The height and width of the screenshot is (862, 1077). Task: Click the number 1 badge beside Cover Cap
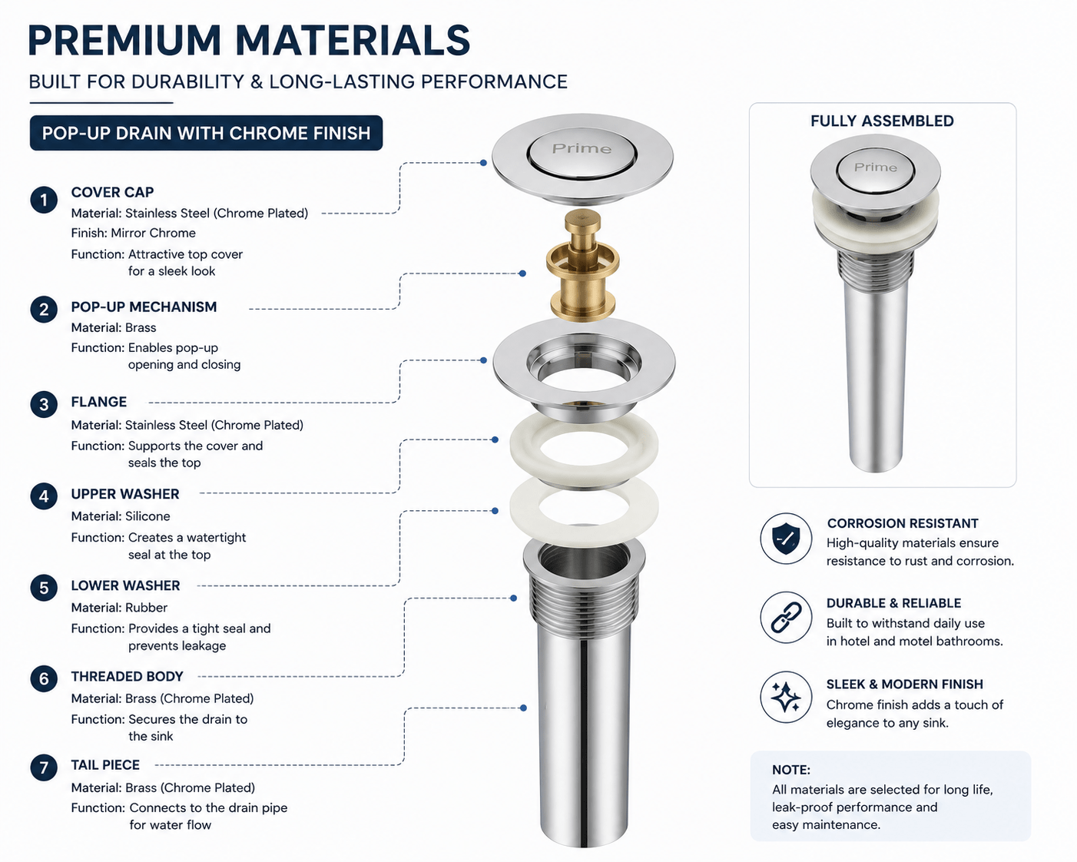click(44, 201)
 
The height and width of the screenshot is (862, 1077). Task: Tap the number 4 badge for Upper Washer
click(44, 496)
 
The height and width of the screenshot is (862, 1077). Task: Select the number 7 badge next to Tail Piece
click(44, 768)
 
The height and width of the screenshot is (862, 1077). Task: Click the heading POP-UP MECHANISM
click(144, 307)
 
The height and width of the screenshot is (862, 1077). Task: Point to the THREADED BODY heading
click(127, 676)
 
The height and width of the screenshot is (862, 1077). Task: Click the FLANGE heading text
click(98, 402)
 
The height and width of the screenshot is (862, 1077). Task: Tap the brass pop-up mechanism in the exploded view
click(582, 265)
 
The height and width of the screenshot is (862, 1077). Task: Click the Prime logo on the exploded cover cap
click(582, 148)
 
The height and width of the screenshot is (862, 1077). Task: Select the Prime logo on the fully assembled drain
click(875, 167)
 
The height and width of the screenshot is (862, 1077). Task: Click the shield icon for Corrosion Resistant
click(786, 539)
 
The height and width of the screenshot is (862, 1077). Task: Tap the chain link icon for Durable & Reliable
click(786, 618)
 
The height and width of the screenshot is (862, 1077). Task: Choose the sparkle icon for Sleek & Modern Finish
click(786, 697)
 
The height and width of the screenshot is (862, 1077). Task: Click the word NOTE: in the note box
click(790, 770)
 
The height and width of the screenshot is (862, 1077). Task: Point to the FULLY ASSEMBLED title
click(882, 121)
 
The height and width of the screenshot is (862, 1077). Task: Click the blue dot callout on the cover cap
click(483, 163)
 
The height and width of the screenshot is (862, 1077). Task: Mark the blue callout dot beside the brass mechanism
click(522, 274)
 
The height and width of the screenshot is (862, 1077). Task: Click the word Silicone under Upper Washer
click(147, 516)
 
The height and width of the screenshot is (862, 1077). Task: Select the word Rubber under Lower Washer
click(147, 608)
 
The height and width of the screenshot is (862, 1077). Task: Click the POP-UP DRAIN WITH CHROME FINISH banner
click(206, 133)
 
